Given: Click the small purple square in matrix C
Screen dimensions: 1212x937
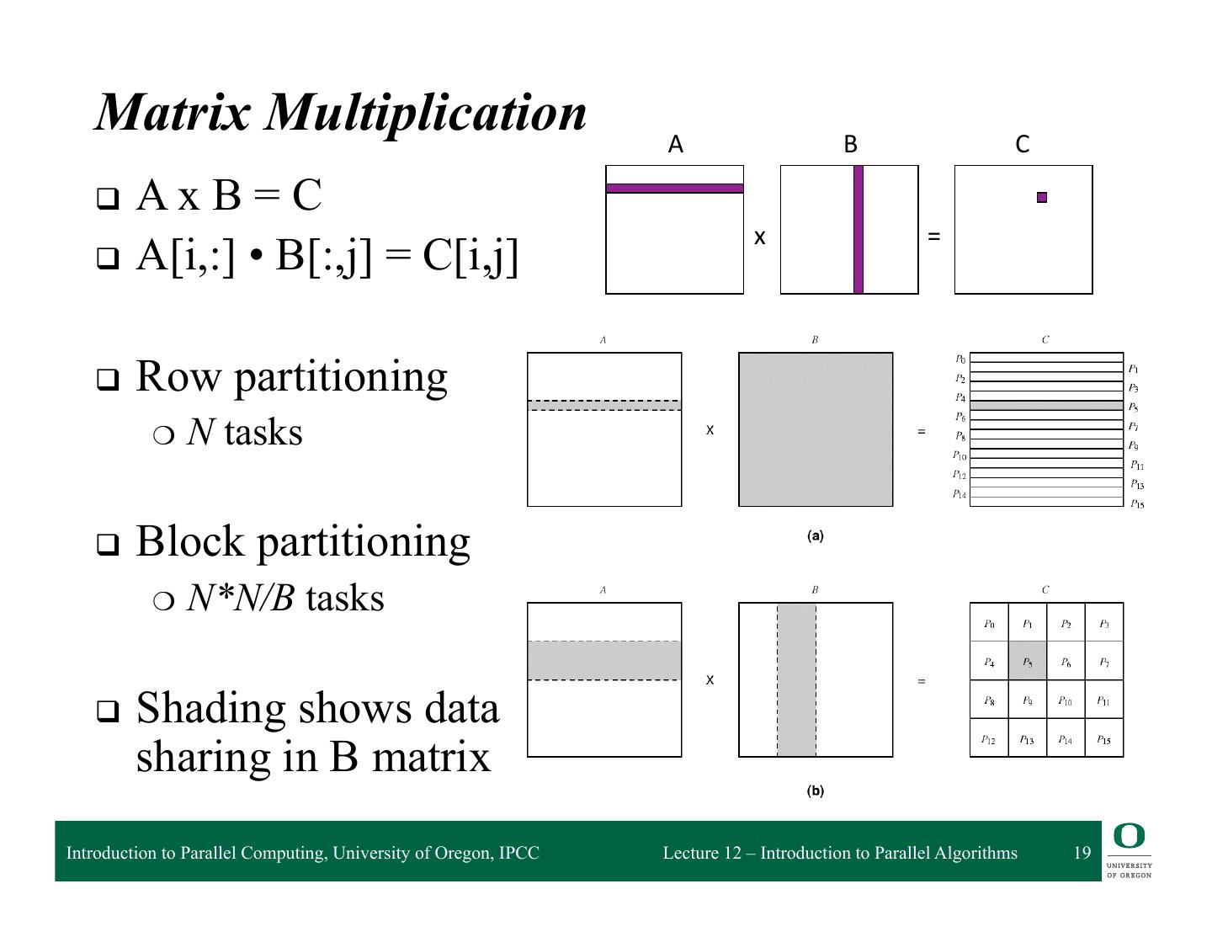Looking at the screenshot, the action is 1042,198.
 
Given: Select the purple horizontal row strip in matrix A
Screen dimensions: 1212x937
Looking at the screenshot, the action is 674,189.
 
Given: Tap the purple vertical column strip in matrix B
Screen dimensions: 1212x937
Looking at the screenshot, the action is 858,229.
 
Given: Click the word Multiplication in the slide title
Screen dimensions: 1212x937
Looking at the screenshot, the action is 426,111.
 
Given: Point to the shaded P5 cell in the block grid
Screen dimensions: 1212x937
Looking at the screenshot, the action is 1028,662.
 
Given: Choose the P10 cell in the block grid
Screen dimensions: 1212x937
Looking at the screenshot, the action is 1066,700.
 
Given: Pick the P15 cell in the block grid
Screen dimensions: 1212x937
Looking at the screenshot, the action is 1104,739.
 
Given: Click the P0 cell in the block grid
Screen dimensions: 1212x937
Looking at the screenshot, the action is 989,624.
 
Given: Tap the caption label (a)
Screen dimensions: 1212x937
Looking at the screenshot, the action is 815,536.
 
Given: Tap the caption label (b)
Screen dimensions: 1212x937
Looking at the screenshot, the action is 815,791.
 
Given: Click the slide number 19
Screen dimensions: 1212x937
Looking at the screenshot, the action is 1082,853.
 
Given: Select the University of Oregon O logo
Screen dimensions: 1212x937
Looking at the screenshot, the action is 1129,837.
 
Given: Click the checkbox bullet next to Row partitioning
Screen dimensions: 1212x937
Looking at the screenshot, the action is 107,380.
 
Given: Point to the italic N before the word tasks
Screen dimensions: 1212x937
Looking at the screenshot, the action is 199,433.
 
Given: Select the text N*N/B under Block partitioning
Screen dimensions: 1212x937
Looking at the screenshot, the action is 240,599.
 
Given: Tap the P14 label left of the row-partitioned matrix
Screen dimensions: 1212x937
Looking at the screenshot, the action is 959,494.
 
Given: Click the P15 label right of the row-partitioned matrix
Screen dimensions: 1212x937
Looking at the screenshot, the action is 1137,503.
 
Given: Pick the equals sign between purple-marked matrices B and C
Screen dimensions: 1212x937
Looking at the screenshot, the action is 933,237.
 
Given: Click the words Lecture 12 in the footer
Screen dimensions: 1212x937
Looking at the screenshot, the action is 702,853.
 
